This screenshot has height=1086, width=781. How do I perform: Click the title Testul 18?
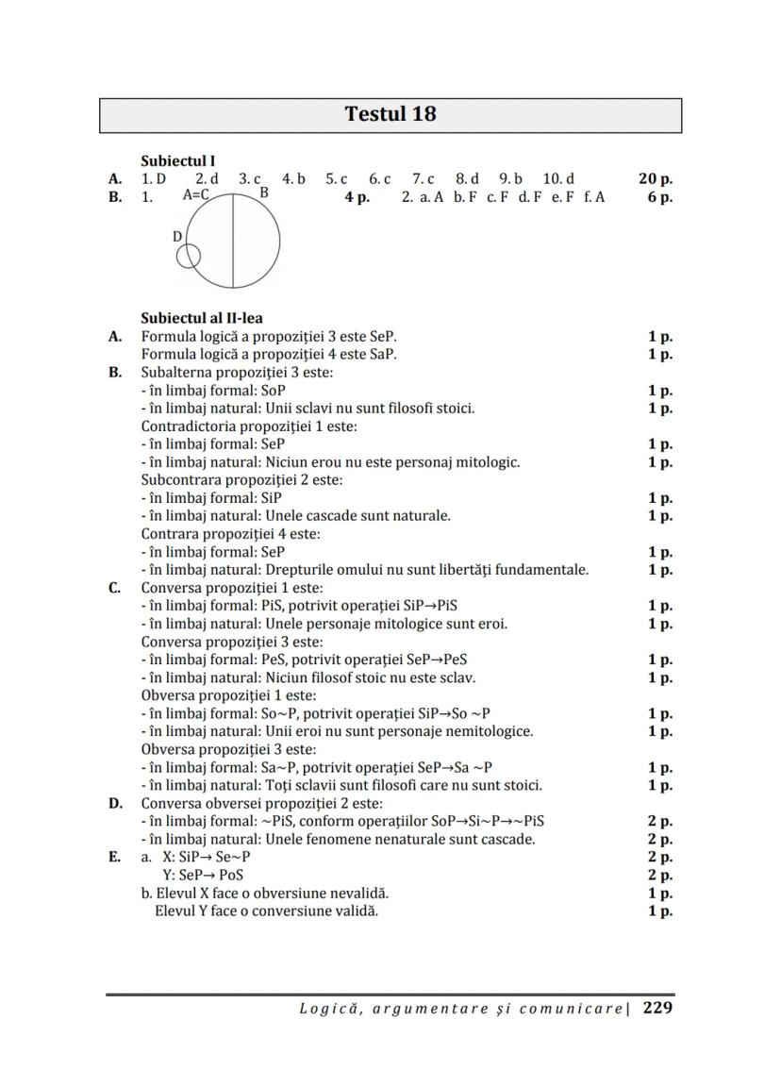click(x=390, y=115)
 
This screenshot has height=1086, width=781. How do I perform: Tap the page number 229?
click(x=657, y=1008)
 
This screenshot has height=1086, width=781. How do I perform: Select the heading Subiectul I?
click(x=178, y=161)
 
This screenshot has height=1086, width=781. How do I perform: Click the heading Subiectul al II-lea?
click(x=202, y=318)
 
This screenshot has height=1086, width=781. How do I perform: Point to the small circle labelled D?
click(x=189, y=256)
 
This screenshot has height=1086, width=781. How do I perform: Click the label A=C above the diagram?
click(x=195, y=196)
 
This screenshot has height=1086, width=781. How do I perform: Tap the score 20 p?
click(x=655, y=178)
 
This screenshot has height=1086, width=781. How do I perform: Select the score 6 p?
click(x=659, y=197)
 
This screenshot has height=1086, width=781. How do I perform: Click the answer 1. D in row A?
click(x=154, y=178)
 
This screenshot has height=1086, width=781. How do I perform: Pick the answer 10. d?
click(x=558, y=178)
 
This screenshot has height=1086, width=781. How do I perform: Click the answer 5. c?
click(x=337, y=178)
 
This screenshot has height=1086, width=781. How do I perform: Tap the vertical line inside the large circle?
click(x=233, y=242)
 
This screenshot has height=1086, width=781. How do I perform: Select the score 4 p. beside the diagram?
click(x=357, y=197)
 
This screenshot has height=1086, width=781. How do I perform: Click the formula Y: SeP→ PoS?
click(x=204, y=875)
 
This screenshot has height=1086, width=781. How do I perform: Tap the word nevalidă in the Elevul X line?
click(x=359, y=893)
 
